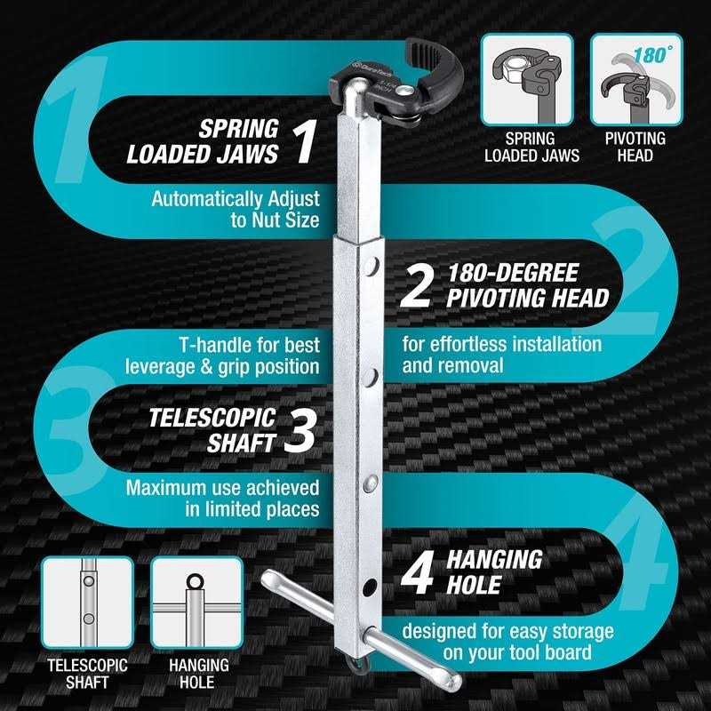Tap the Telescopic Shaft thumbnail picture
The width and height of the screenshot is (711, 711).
[88, 603]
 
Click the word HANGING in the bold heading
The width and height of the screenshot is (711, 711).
[494, 559]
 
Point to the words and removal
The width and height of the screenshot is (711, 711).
[455, 365]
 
